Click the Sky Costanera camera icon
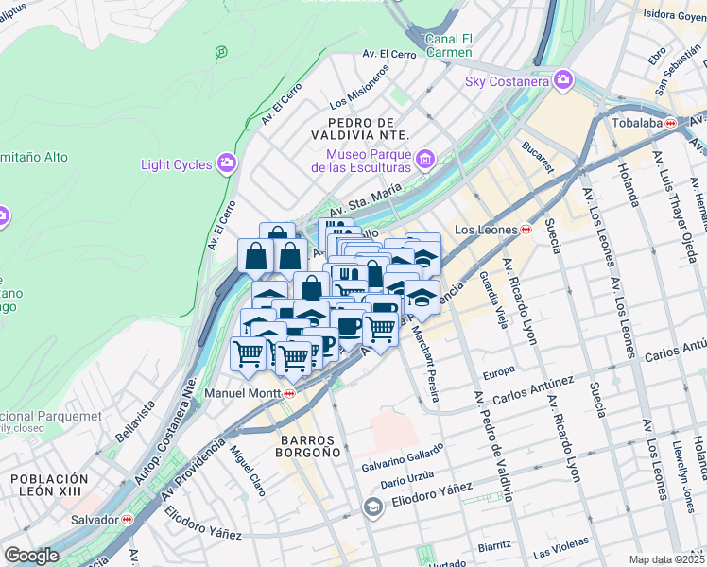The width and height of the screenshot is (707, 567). point(564,80)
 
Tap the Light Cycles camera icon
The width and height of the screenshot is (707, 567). point(226,164)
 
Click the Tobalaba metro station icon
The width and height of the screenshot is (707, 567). point(670,123)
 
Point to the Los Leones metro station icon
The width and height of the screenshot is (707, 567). point(526,230)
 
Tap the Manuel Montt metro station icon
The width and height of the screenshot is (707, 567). point(289,393)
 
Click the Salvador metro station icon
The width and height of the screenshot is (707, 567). point(128,519)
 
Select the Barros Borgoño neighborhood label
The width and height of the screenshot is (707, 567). point(310,447)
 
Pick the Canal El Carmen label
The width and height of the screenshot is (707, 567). point(448,45)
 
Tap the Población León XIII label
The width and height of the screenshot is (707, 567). point(50,486)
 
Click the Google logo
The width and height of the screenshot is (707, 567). point(31,556)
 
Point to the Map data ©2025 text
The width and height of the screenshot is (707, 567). point(667,559)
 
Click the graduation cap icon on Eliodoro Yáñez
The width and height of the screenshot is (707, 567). point(373,508)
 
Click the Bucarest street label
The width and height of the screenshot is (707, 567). point(538,157)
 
